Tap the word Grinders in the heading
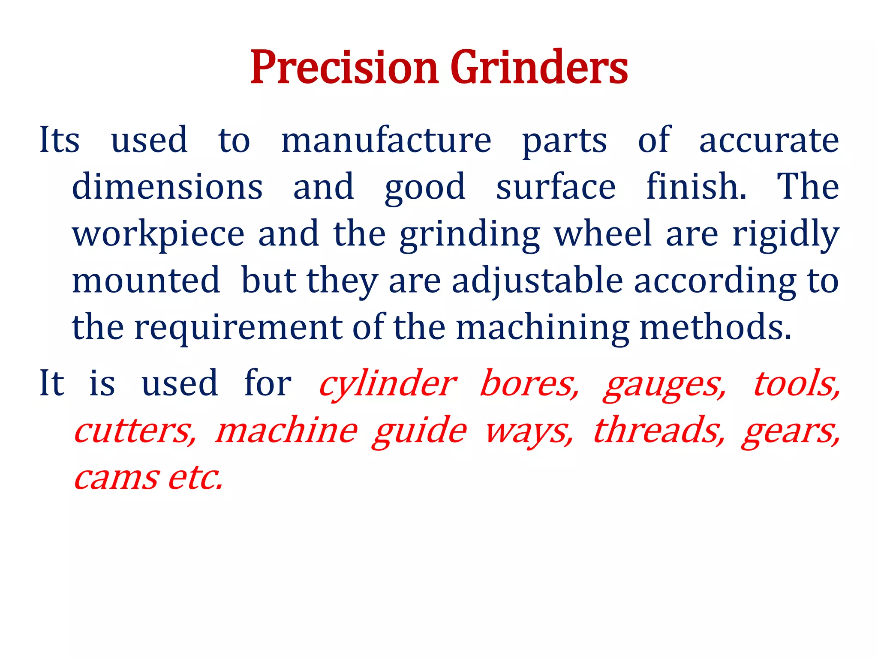click(x=539, y=68)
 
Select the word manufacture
click(x=386, y=141)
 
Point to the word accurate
click(x=769, y=141)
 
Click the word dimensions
click(x=167, y=187)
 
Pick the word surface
click(x=556, y=187)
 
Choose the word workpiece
click(x=158, y=234)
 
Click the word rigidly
click(x=785, y=234)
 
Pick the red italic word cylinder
click(x=388, y=384)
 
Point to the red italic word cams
click(x=116, y=478)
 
